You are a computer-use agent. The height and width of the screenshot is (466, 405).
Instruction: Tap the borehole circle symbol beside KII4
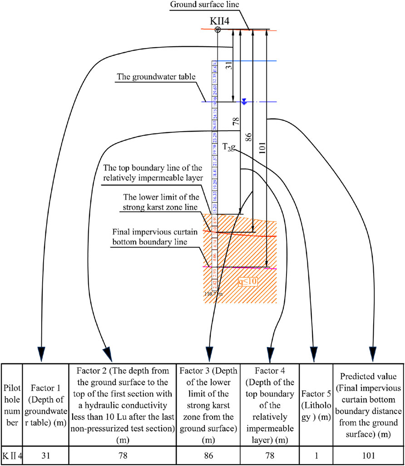[x=218, y=30]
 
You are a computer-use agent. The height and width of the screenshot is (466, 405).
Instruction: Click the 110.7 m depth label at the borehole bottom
[x=214, y=294]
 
